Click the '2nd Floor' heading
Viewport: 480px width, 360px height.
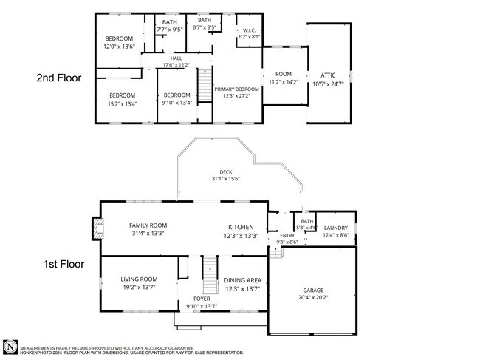click(61, 76)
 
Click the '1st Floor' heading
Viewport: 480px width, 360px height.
click(61, 264)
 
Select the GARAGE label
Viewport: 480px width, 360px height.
click(313, 290)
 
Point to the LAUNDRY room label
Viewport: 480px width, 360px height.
click(335, 228)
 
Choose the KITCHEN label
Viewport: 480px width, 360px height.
click(241, 227)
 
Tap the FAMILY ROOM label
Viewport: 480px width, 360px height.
click(148, 225)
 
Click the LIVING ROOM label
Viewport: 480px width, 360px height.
click(138, 279)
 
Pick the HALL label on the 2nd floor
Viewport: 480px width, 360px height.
click(176, 58)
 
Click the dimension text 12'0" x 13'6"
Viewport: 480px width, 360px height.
click(118, 46)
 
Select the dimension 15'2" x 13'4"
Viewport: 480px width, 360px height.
click(123, 103)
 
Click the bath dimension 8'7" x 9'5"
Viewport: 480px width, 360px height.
click(204, 27)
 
